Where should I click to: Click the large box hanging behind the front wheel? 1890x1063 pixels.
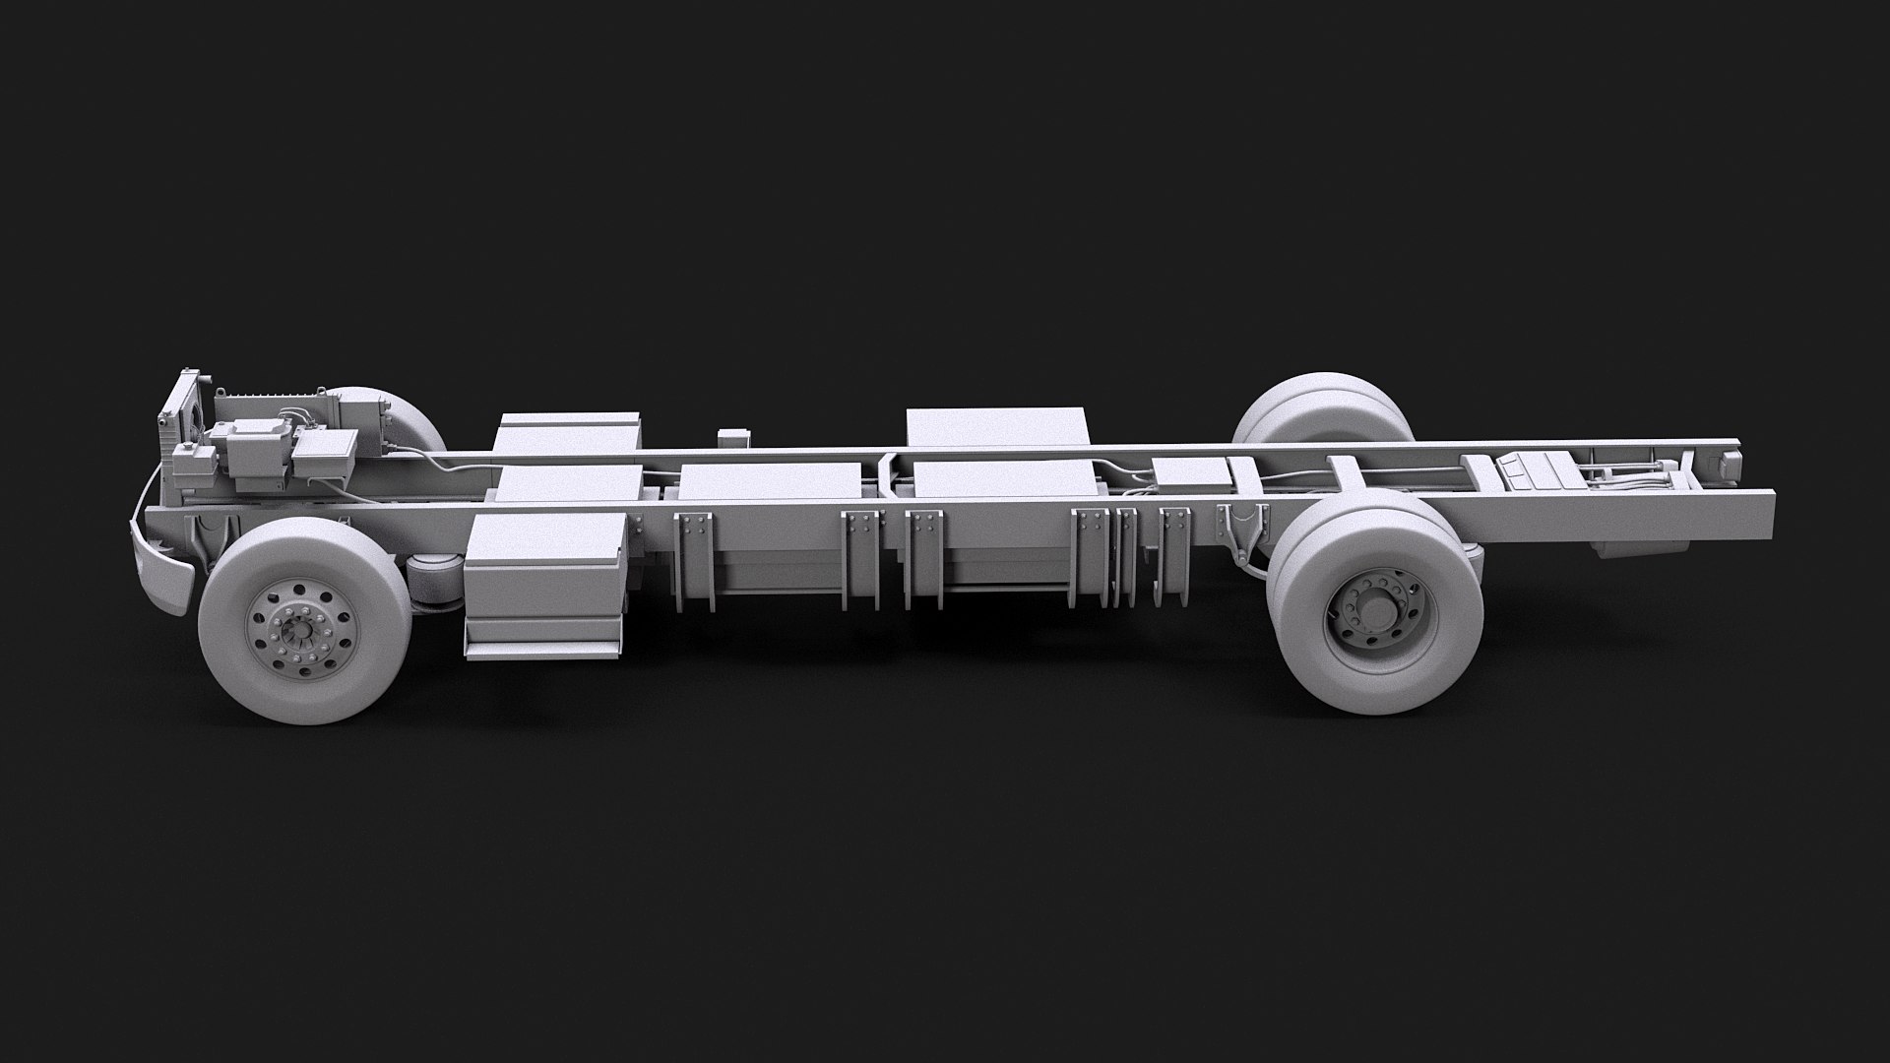543,585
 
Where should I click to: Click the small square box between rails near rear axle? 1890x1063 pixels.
1189,475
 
